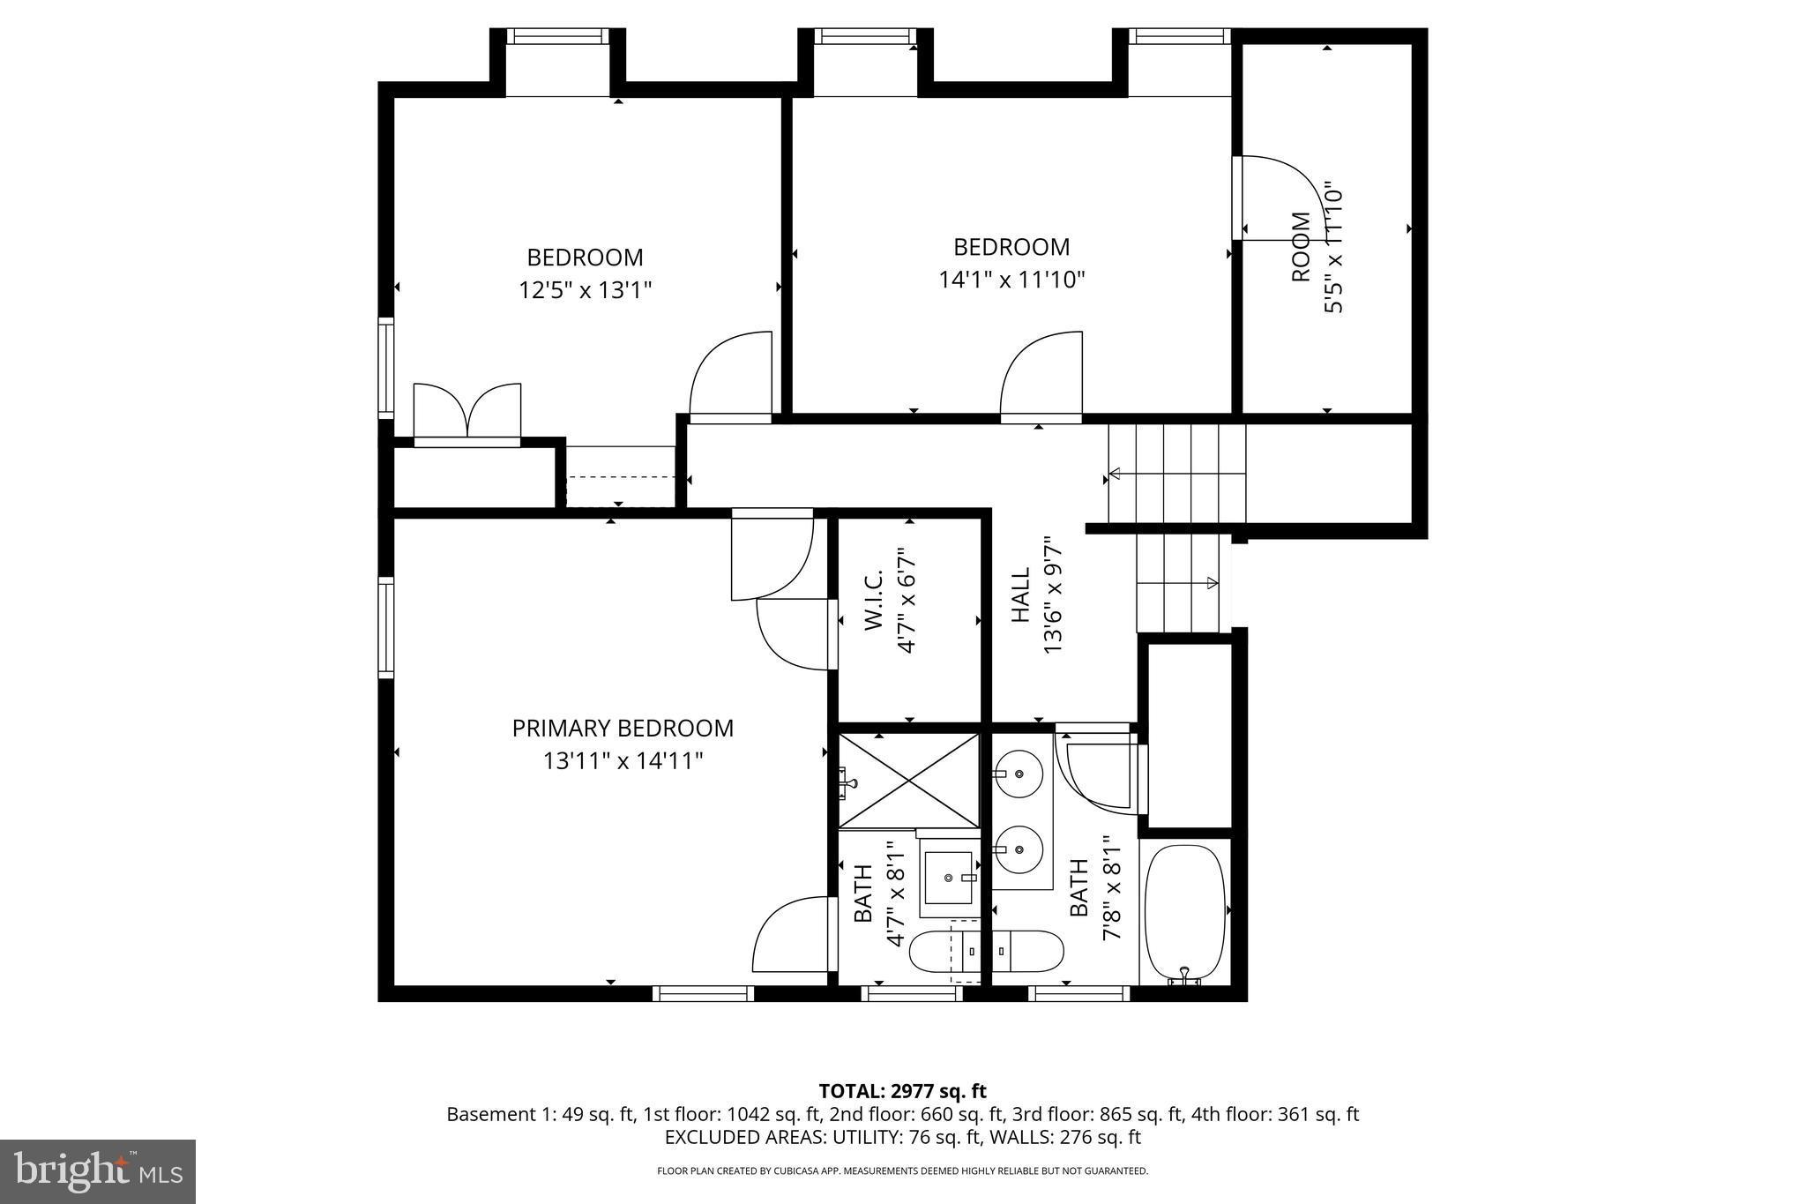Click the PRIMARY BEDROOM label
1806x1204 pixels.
point(623,729)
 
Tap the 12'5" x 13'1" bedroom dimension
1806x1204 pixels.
point(585,290)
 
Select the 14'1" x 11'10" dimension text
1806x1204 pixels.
point(1011,280)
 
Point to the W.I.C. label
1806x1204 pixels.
point(873,600)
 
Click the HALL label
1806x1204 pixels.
point(1020,595)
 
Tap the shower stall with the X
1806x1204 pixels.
point(909,780)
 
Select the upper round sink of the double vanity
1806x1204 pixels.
point(1019,774)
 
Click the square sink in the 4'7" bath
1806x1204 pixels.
point(948,877)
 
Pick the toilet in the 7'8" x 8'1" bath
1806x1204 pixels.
point(1027,951)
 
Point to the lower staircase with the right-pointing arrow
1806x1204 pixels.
point(1178,582)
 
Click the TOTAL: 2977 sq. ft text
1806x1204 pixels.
point(902,1091)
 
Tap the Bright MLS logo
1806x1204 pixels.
point(98,1171)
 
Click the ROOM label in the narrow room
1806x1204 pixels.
point(1301,248)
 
